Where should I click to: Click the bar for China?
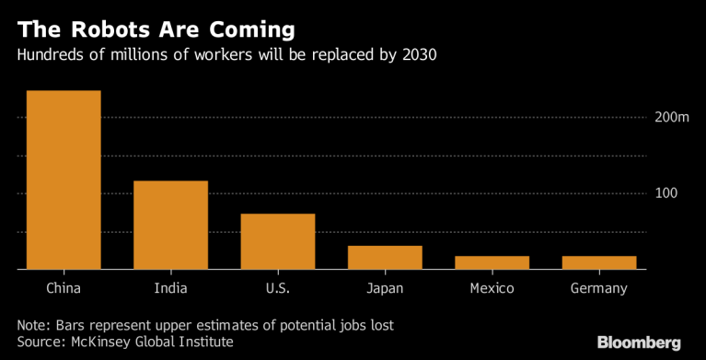(64, 180)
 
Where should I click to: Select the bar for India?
(170, 225)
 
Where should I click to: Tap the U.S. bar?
(278, 241)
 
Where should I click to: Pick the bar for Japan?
(385, 258)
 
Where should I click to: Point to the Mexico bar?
(492, 262)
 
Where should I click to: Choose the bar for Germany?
(599, 262)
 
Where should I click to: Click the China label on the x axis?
(64, 289)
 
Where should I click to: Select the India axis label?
(170, 289)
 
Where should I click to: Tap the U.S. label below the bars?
(278, 289)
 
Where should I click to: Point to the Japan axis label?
(385, 289)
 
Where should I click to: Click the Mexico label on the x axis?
(492, 289)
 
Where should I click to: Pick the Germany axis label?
(599, 289)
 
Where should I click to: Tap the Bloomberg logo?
(639, 343)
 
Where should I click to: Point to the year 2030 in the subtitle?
(416, 54)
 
